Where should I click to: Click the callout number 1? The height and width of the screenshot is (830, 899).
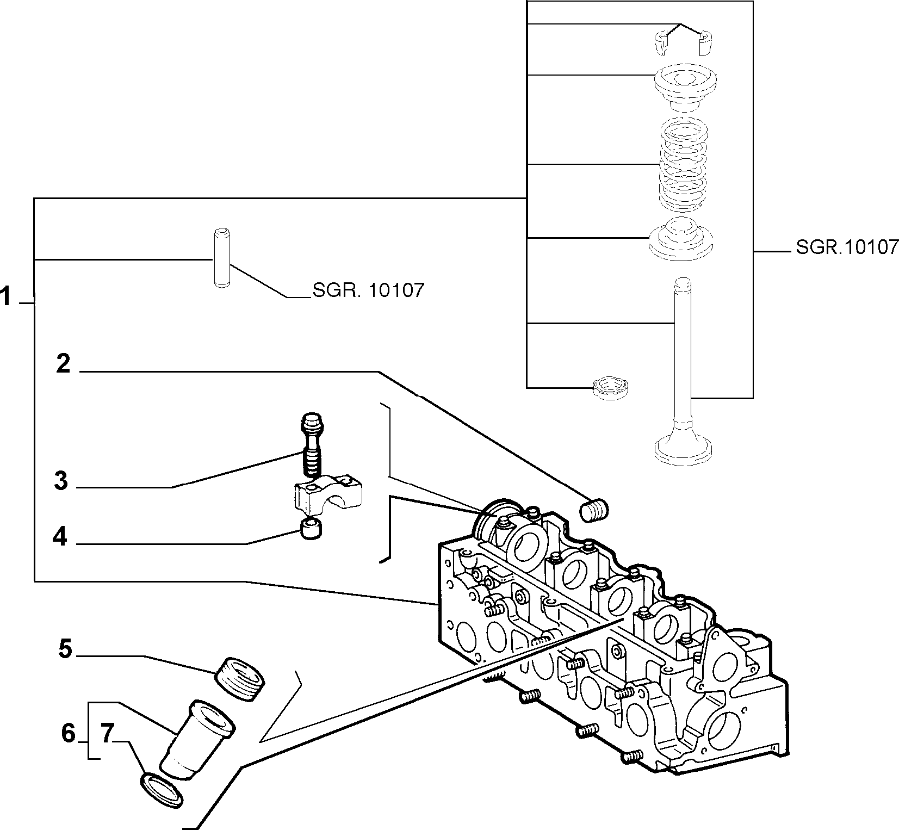click(x=6, y=298)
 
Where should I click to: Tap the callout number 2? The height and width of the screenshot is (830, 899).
click(x=64, y=364)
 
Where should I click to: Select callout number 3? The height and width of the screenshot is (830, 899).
click(x=61, y=481)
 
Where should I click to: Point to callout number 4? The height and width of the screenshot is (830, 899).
click(x=60, y=537)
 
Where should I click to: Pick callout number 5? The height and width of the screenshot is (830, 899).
click(x=65, y=649)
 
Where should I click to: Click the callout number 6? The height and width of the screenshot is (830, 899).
click(x=68, y=734)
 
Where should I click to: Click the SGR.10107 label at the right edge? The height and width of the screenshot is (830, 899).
click(x=847, y=247)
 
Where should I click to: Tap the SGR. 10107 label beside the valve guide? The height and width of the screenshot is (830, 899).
click(x=368, y=290)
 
